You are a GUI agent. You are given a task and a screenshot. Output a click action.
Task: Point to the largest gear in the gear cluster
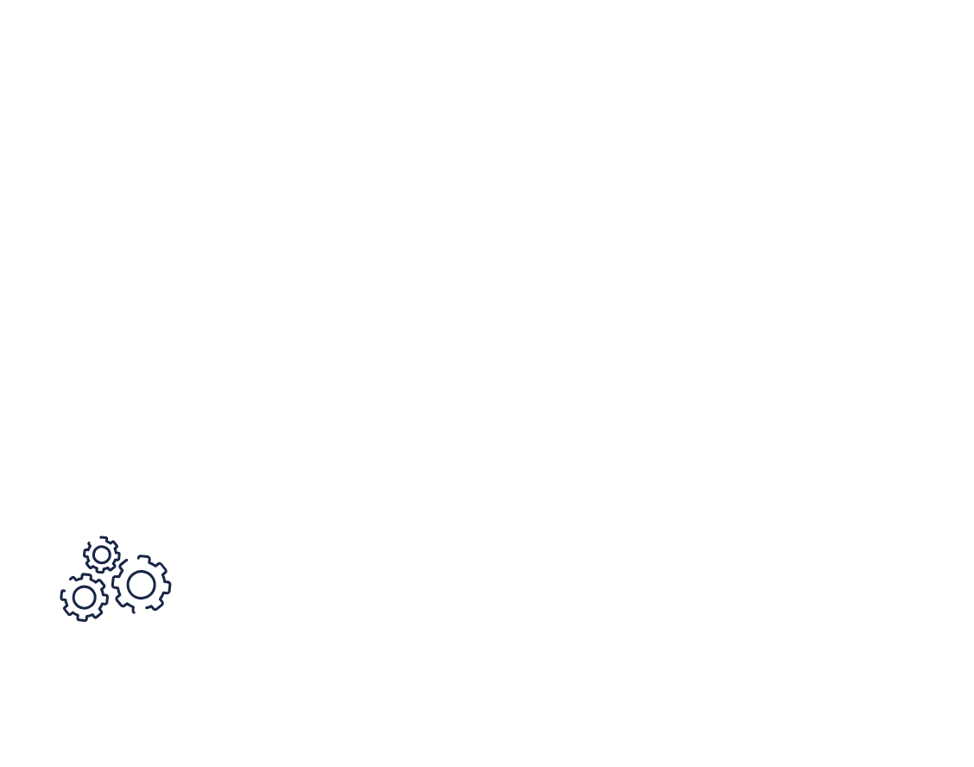[141, 585]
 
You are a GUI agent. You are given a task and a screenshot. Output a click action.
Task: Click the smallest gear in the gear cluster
[102, 555]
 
